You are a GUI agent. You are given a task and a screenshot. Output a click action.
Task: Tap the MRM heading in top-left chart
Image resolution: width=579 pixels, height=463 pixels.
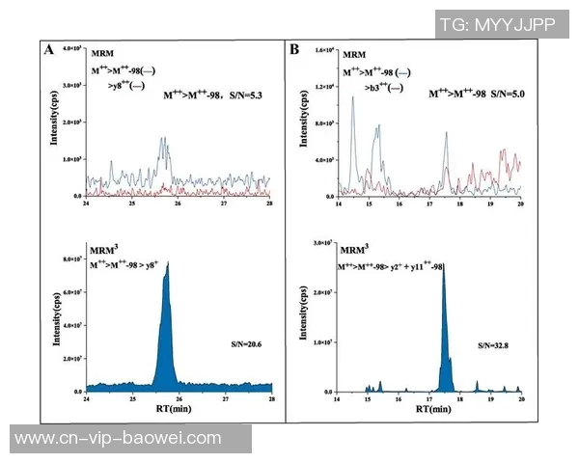click(101, 55)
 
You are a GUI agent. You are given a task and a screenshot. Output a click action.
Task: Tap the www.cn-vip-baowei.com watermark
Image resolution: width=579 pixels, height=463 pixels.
click(119, 438)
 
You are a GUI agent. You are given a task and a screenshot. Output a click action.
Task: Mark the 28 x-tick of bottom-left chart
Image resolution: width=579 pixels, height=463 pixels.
click(270, 398)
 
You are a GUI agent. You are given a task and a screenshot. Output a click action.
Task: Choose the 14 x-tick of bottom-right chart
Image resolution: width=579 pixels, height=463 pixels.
click(338, 398)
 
